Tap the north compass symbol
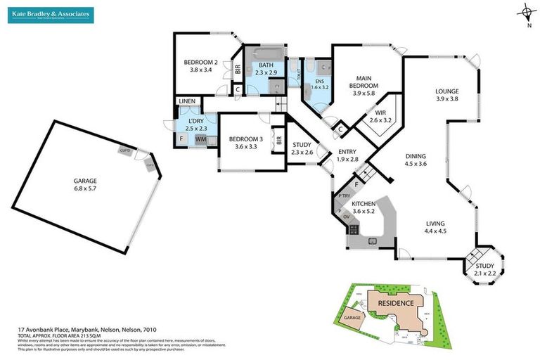click(527, 13)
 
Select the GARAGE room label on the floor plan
click(88, 184)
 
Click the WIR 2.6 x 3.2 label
click(380, 116)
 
